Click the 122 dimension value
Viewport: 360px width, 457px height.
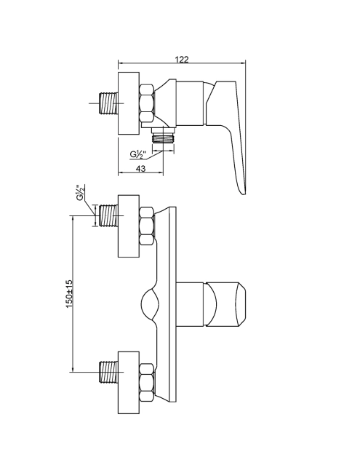(182, 60)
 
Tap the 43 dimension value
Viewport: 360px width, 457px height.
(140, 168)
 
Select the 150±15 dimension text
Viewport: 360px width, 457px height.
(69, 294)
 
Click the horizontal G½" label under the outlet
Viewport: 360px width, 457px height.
(137, 154)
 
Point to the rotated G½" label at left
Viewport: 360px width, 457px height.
(80, 193)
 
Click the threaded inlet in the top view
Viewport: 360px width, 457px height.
(108, 103)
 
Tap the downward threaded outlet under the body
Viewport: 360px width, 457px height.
(163, 136)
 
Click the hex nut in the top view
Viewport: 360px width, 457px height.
(147, 103)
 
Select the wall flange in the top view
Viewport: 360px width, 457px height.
(129, 103)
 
